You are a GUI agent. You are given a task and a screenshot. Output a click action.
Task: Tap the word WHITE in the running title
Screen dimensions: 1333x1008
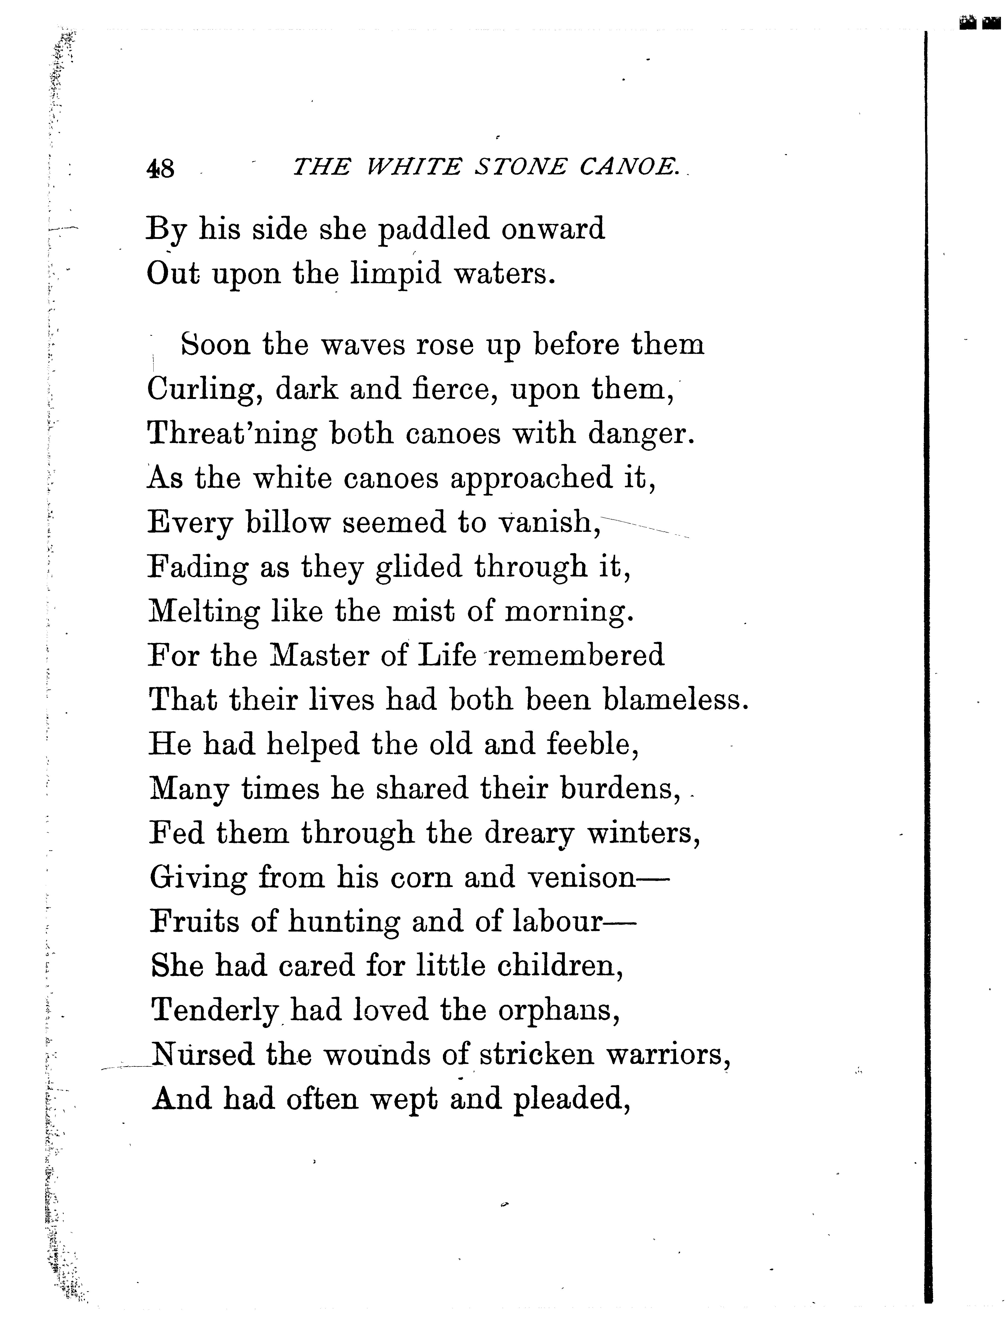point(414,167)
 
